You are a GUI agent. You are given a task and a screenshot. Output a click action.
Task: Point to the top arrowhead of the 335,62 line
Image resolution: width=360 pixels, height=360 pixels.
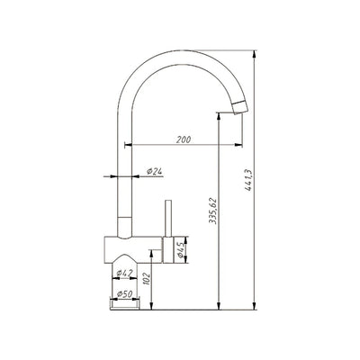[x=221, y=115]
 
